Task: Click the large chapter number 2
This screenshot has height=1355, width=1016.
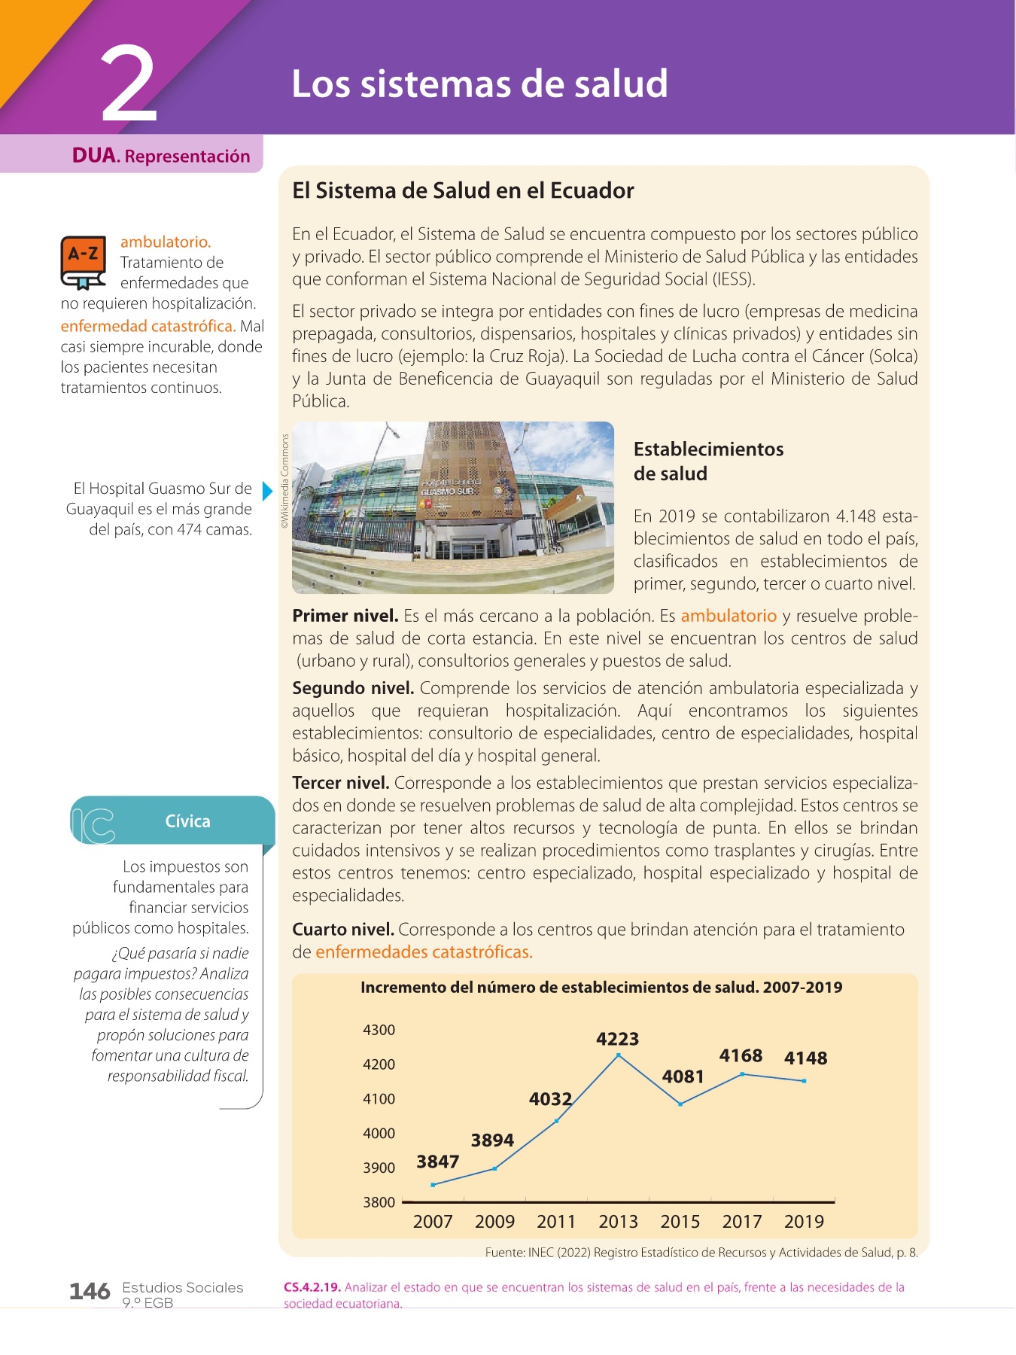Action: pyautogui.click(x=129, y=84)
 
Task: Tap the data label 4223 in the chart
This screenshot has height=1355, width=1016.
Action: pyautogui.click(x=617, y=1039)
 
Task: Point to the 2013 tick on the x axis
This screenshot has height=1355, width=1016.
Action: pyautogui.click(x=618, y=1221)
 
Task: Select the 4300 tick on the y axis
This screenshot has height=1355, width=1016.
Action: pyautogui.click(x=379, y=1030)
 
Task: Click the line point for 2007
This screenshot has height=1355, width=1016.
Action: pyautogui.click(x=433, y=1185)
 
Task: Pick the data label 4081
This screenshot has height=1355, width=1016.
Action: pyautogui.click(x=683, y=1076)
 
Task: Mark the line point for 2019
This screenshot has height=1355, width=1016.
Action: pyautogui.click(x=805, y=1081)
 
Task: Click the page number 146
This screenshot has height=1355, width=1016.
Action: pyautogui.click(x=90, y=1291)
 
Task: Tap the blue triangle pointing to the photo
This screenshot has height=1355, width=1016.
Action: pyautogui.click(x=267, y=492)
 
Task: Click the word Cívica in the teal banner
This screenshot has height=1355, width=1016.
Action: pyautogui.click(x=187, y=821)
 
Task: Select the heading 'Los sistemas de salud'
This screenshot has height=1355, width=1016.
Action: pyautogui.click(x=479, y=83)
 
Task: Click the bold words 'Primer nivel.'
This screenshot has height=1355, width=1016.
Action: pyautogui.click(x=345, y=616)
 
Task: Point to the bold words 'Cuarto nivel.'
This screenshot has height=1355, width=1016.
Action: pyautogui.click(x=342, y=930)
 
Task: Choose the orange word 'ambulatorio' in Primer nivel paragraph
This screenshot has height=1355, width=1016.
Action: pyautogui.click(x=728, y=616)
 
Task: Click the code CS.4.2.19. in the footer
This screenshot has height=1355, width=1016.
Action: pyautogui.click(x=312, y=1287)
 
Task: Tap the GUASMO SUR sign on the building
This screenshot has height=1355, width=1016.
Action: pyautogui.click(x=447, y=491)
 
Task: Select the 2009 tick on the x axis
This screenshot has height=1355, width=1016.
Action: pyautogui.click(x=494, y=1221)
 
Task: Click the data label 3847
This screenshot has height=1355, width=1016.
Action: pyautogui.click(x=437, y=1162)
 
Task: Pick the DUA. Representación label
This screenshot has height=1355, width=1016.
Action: pyautogui.click(x=160, y=156)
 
